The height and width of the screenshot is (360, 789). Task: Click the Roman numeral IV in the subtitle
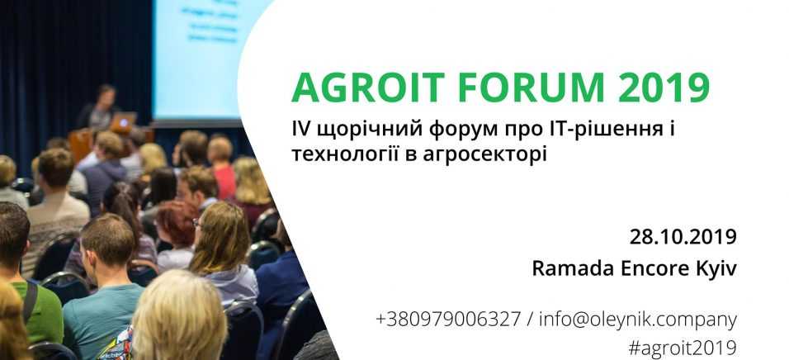[x=300, y=130]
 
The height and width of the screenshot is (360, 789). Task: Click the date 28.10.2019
[x=683, y=237]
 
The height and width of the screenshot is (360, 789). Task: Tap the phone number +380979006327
[x=448, y=320]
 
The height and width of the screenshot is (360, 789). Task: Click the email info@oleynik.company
[x=638, y=320]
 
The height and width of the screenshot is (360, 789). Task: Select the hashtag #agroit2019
[x=683, y=348]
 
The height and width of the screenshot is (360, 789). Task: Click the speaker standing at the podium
[x=99, y=107]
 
